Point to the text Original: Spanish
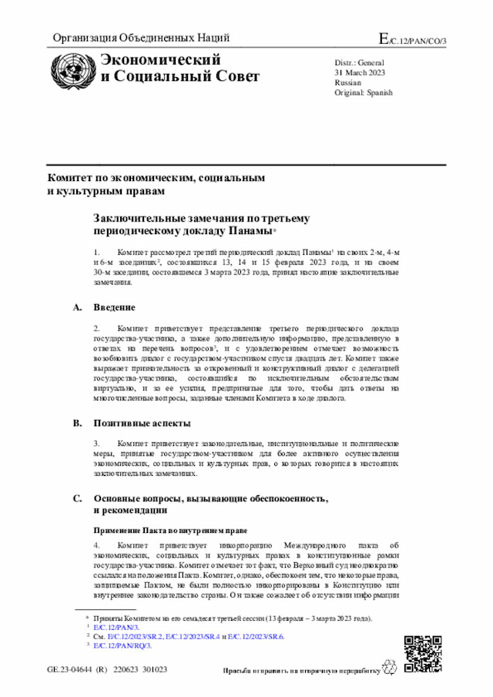363,92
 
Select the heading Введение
115,308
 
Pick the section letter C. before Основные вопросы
77,498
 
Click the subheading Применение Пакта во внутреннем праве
170,531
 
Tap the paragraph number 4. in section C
97,545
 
